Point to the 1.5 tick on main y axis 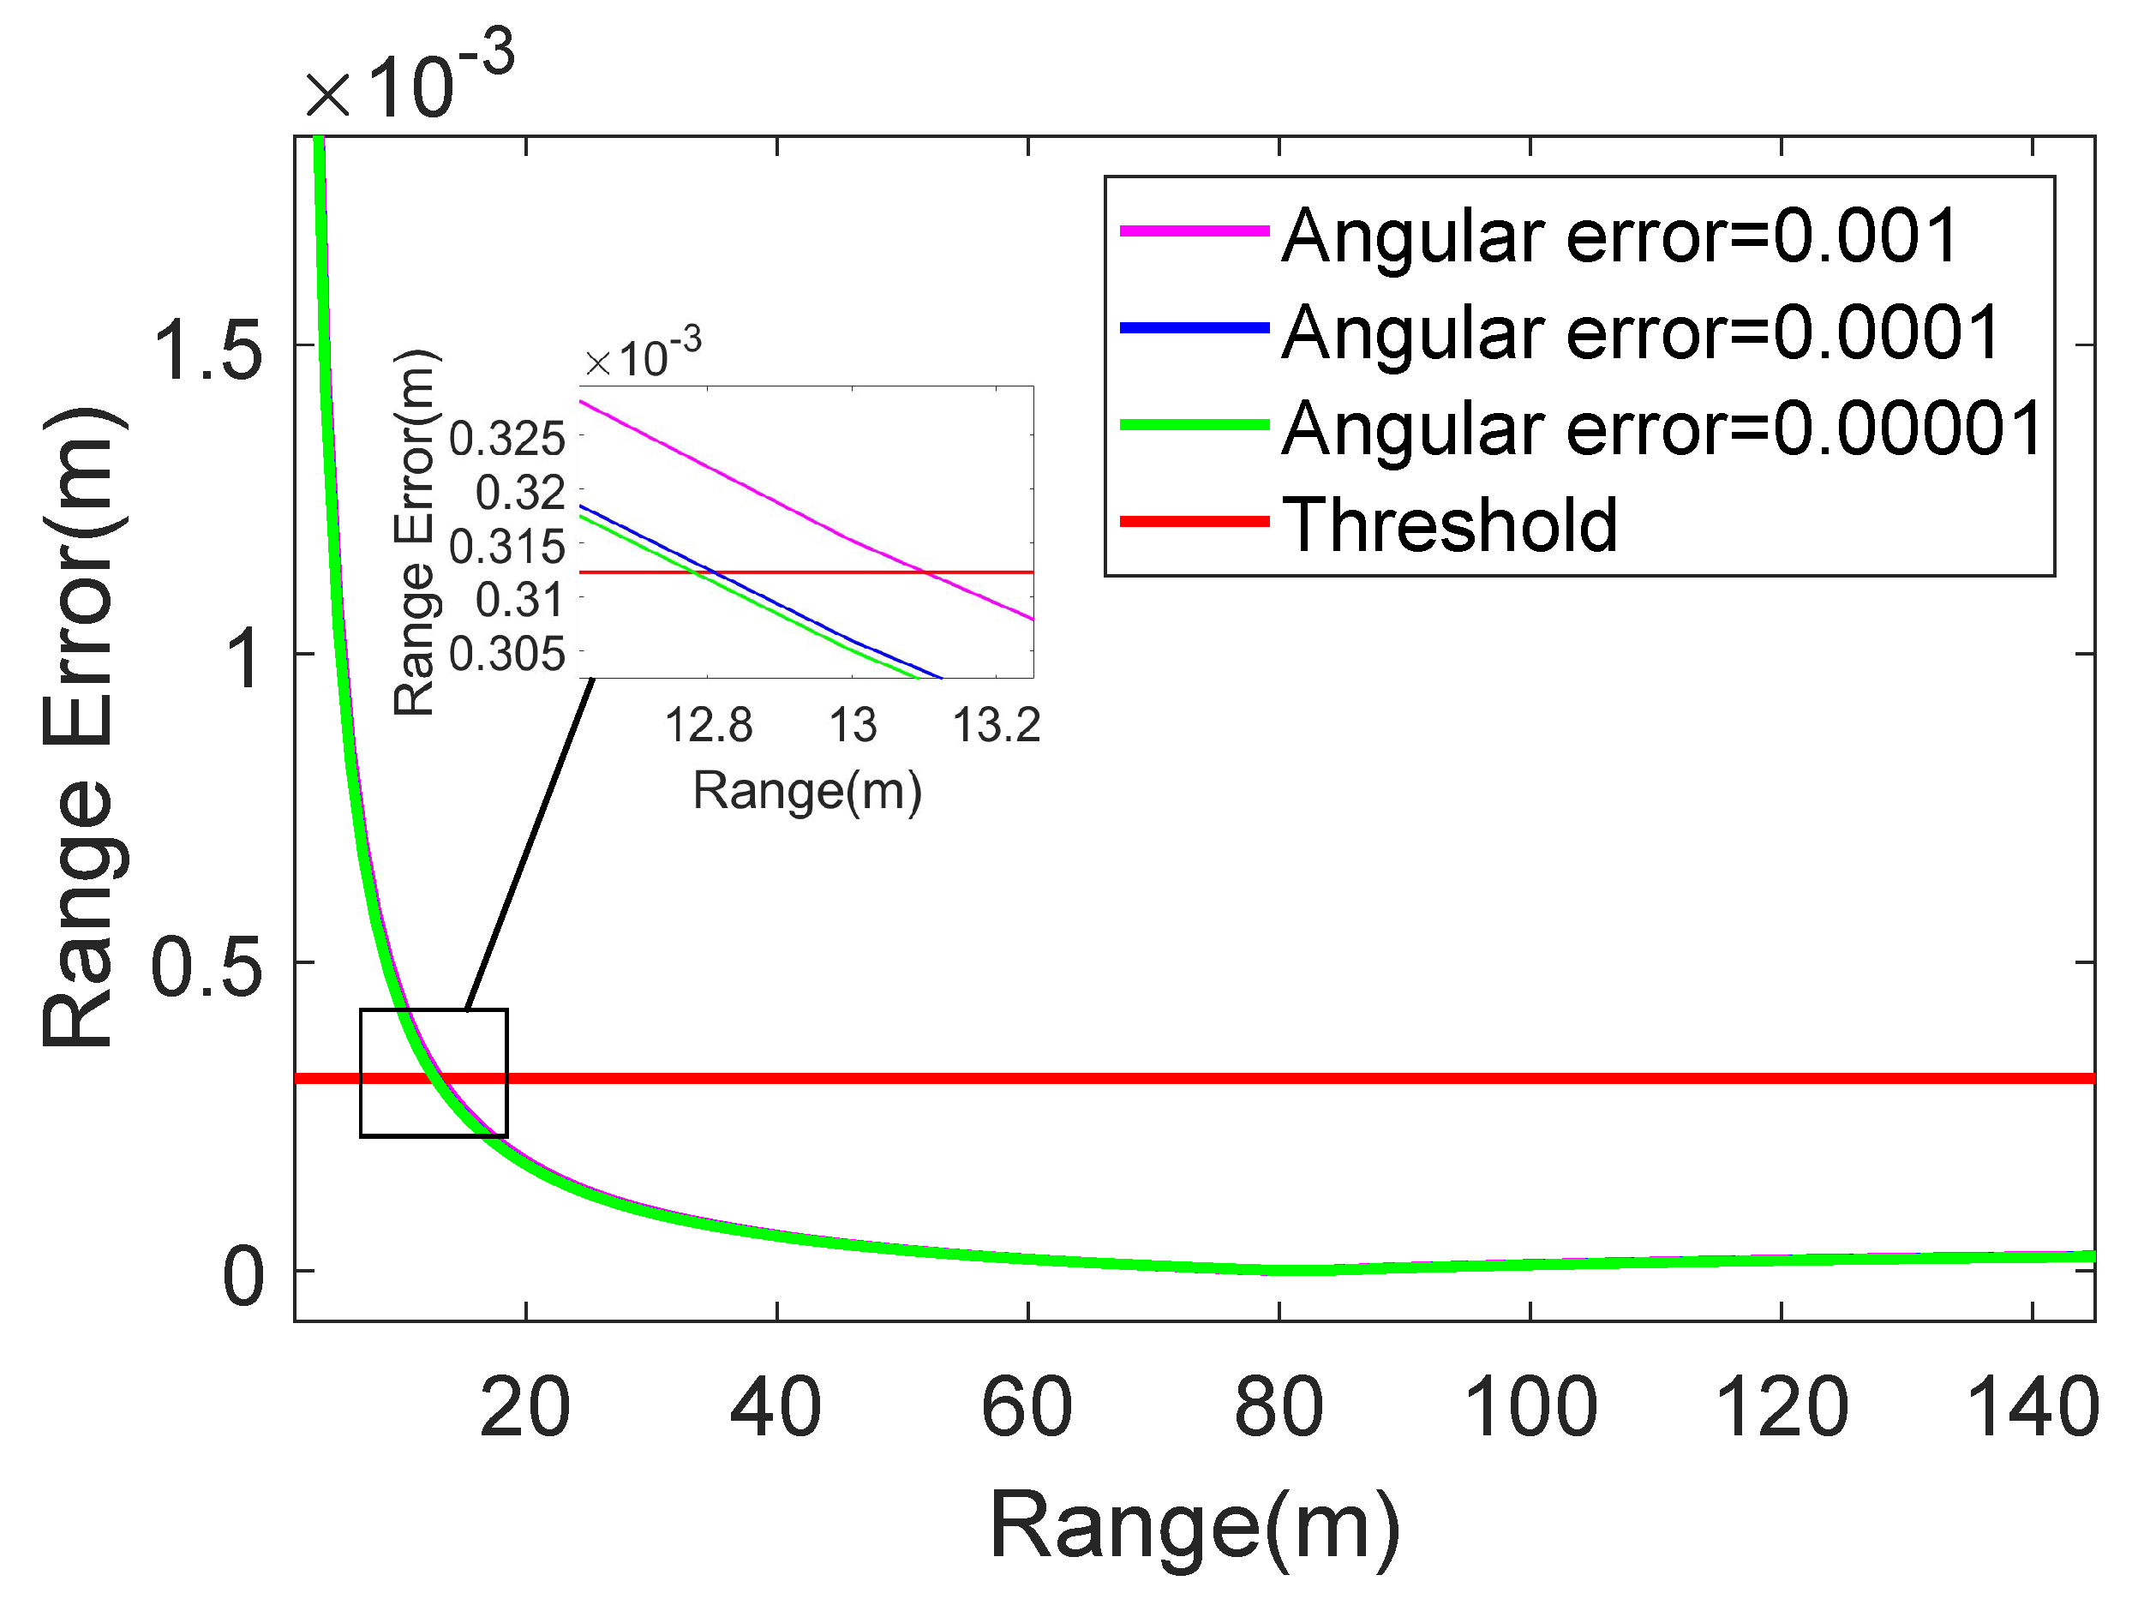207,350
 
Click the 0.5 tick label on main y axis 207,967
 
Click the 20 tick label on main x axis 525,1408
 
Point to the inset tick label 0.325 507,440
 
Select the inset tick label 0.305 507,656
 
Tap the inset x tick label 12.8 709,726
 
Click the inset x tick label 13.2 997,726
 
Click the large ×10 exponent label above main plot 410,82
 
